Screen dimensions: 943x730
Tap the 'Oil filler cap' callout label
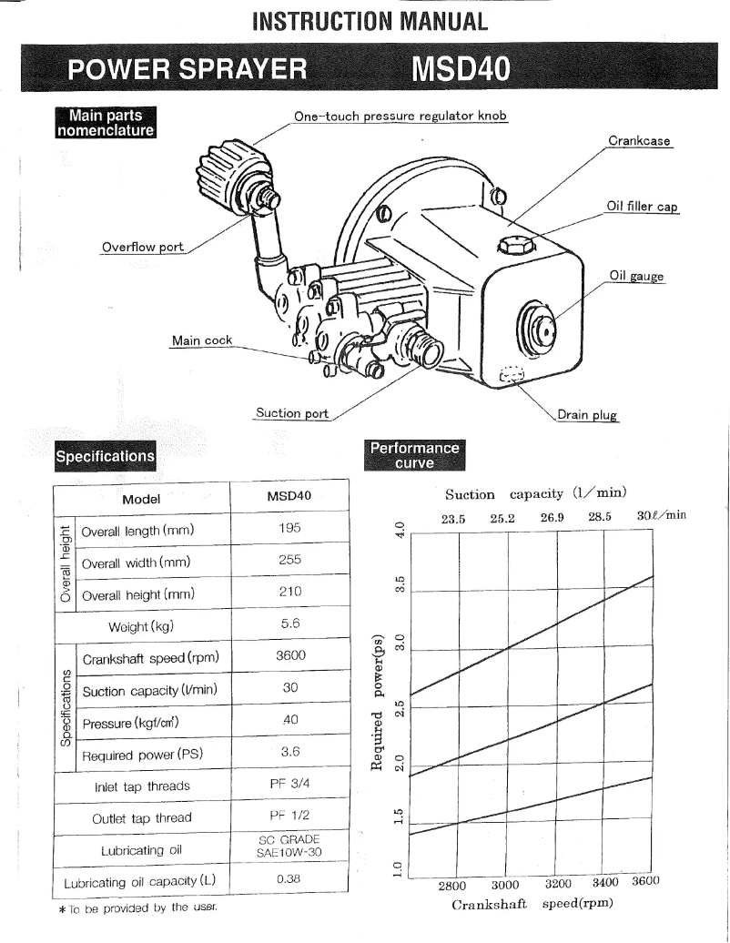click(643, 207)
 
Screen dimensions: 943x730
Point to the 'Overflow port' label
click(141, 248)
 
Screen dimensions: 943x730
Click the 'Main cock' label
click(202, 340)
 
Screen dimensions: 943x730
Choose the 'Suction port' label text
click(292, 413)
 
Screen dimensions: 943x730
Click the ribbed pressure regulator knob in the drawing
click(222, 169)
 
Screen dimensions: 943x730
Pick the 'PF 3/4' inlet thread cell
click(289, 786)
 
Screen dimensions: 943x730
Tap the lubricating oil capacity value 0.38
click(289, 880)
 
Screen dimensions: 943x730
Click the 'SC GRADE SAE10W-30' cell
click(289, 848)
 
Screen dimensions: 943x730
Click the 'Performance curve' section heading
click(414, 453)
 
